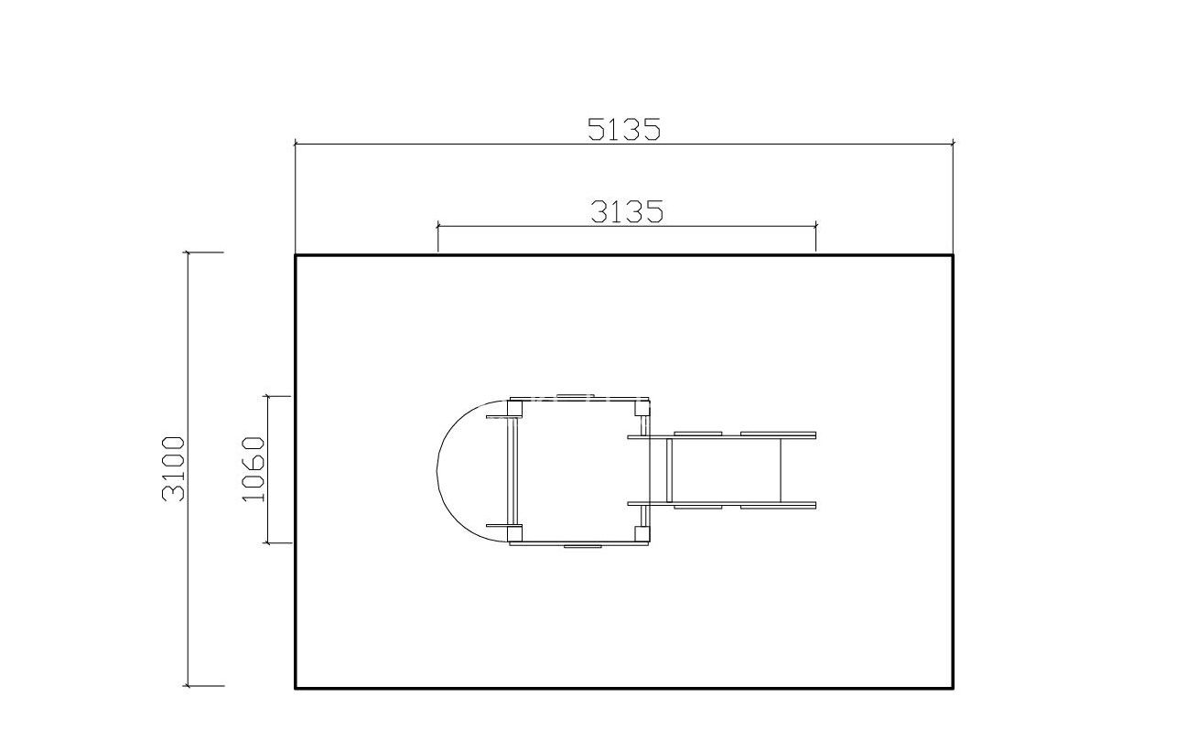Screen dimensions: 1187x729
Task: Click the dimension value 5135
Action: pyautogui.click(x=624, y=129)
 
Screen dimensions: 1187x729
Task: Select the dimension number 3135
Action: pyautogui.click(x=627, y=212)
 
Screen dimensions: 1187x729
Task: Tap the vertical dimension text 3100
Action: pyautogui.click(x=174, y=469)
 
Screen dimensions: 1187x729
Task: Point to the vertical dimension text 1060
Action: pyautogui.click(x=253, y=469)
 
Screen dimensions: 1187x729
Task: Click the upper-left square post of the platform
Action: pyautogui.click(x=514, y=408)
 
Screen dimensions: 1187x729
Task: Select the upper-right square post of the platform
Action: pyautogui.click(x=642, y=408)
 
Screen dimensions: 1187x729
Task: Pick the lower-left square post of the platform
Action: pyautogui.click(x=514, y=533)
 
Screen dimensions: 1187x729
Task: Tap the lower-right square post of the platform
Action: pyautogui.click(x=642, y=533)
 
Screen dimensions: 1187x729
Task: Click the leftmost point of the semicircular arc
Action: pyautogui.click(x=437, y=470)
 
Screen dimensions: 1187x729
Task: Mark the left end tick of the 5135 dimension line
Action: pyautogui.click(x=296, y=144)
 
